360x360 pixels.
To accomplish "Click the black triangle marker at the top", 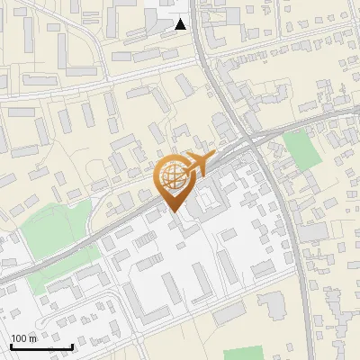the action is pyautogui.click(x=181, y=24).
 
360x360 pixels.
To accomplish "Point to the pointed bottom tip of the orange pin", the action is pyautogui.click(x=174, y=213).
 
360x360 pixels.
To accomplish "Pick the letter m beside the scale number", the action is pyautogui.click(x=34, y=338).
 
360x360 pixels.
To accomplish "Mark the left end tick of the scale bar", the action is pyautogui.click(x=11, y=346).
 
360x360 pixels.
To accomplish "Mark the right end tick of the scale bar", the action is pyautogui.click(x=72, y=346).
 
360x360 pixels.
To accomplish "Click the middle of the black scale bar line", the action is pyautogui.click(x=41, y=347).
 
